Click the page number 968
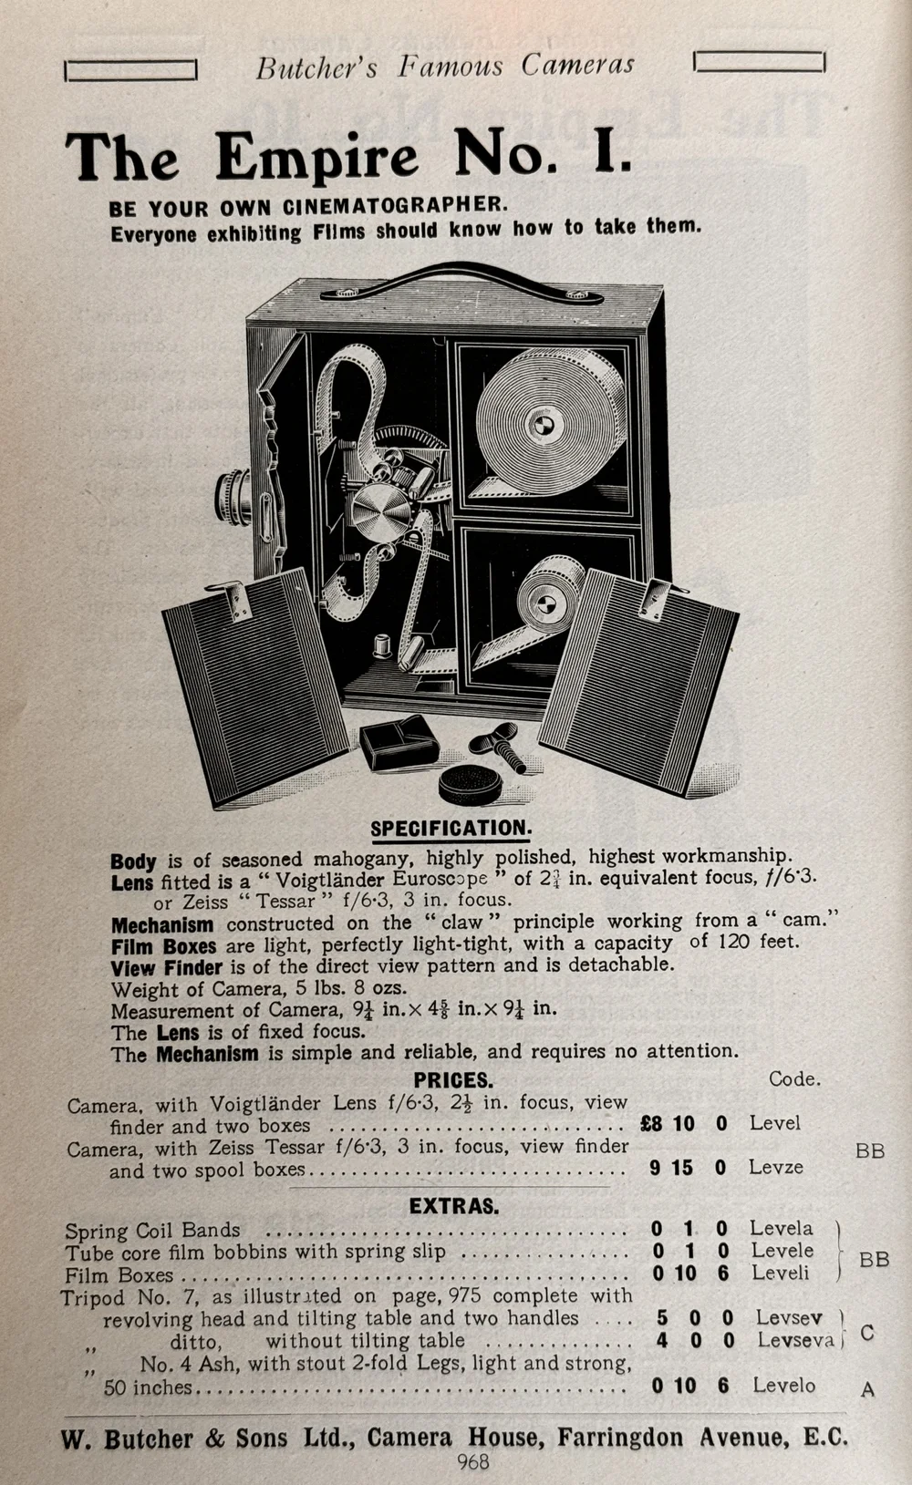pos(473,1462)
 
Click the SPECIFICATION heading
pos(451,829)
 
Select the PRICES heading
pos(452,1080)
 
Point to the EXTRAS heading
pos(453,1206)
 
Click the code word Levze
pos(776,1167)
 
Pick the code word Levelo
pos(783,1386)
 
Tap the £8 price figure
pos(651,1124)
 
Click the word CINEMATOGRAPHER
pos(395,205)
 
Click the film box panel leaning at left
pos(255,684)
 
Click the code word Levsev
pos(789,1318)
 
